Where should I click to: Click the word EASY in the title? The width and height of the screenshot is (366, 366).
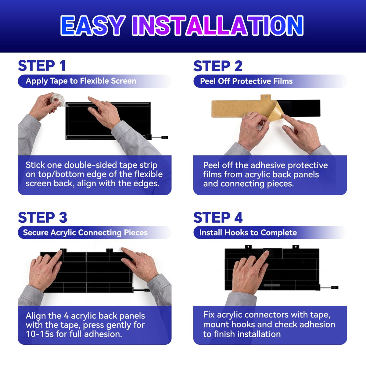click(x=93, y=25)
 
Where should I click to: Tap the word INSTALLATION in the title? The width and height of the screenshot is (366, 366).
click(x=218, y=25)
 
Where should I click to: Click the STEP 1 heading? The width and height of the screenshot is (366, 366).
click(x=42, y=66)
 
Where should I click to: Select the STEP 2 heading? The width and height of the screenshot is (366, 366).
click(x=218, y=66)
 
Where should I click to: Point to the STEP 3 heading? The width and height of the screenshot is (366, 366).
click(x=42, y=217)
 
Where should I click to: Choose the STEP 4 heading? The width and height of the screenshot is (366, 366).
click(x=218, y=217)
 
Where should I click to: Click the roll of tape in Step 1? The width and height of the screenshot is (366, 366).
click(x=57, y=100)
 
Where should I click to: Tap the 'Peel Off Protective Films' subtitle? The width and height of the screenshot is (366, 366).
click(x=246, y=81)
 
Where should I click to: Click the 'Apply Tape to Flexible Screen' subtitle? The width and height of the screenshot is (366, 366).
click(x=81, y=81)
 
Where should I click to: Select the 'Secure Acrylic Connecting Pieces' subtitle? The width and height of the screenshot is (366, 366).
click(x=85, y=233)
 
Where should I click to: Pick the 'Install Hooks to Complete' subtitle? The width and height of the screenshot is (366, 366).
click(x=248, y=233)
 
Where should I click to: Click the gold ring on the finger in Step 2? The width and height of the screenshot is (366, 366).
click(x=248, y=115)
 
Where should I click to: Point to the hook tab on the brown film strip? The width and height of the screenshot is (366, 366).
click(x=266, y=98)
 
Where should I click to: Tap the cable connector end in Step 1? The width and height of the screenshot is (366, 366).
click(x=165, y=137)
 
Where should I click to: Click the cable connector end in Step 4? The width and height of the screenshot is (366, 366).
click(x=335, y=287)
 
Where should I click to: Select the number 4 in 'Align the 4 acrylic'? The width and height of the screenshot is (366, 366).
click(x=66, y=316)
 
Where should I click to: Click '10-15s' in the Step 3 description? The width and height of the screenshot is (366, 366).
click(x=40, y=334)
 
